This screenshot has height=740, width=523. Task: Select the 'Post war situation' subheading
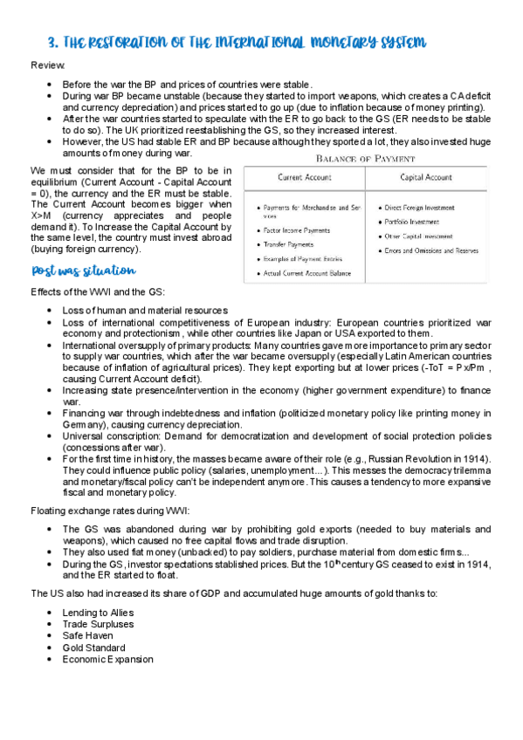tap(83, 271)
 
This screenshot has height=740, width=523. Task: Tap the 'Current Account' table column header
tap(303, 177)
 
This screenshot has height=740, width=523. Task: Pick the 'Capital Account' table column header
tap(426, 177)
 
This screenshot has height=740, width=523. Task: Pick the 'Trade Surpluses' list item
tap(98, 625)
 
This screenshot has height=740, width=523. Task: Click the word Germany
tap(83, 424)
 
